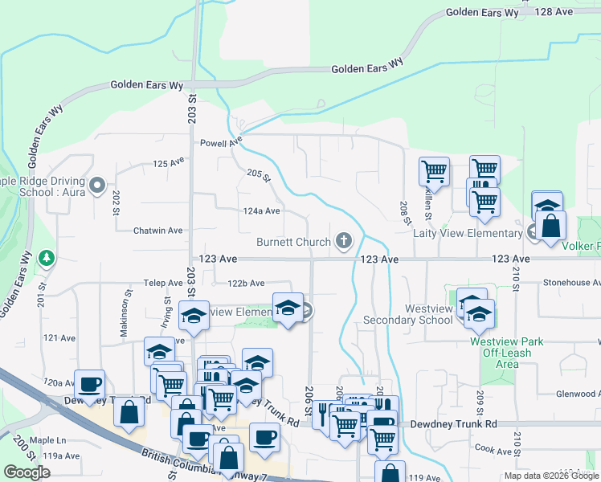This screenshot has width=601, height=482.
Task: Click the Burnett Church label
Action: coord(293,242)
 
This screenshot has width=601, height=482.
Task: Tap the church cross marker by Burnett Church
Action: coord(344,240)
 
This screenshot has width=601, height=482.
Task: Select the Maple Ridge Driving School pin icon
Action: coord(98,186)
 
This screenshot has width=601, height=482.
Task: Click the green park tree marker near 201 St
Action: coord(47,258)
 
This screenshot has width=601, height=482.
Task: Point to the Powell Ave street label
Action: coord(221,142)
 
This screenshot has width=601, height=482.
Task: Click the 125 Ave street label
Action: coord(169,163)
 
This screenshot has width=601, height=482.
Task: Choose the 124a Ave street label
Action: coord(262,211)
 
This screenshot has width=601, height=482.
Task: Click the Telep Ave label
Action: coord(163,283)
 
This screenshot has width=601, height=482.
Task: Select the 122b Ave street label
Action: coord(246,283)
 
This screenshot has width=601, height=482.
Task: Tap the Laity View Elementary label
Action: coord(468,234)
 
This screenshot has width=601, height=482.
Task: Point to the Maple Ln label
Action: coord(47,441)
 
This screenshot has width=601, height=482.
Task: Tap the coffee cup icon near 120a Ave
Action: coord(89,384)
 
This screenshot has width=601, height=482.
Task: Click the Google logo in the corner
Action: coord(27,472)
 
